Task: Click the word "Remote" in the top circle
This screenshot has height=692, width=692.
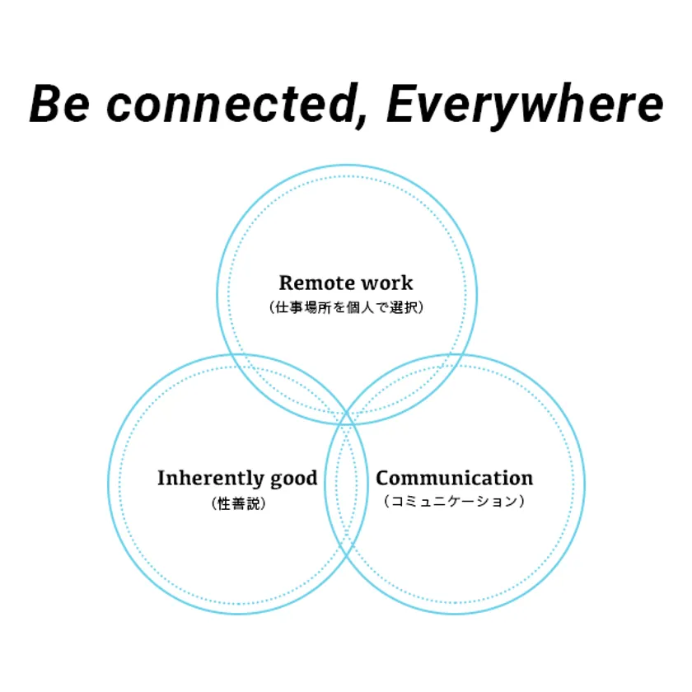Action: pyautogui.click(x=312, y=283)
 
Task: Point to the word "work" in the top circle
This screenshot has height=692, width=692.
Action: pyautogui.click(x=386, y=283)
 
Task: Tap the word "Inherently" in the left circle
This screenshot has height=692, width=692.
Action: pyautogui.click(x=209, y=479)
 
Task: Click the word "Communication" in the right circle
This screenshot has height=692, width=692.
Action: pyautogui.click(x=454, y=478)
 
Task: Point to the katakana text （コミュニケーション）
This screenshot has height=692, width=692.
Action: pyautogui.click(x=454, y=501)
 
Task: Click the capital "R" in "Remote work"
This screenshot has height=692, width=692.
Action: pyautogui.click(x=286, y=283)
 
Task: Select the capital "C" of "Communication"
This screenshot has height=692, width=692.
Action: pyautogui.click(x=383, y=478)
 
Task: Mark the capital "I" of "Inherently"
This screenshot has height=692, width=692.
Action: pyautogui.click(x=162, y=479)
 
